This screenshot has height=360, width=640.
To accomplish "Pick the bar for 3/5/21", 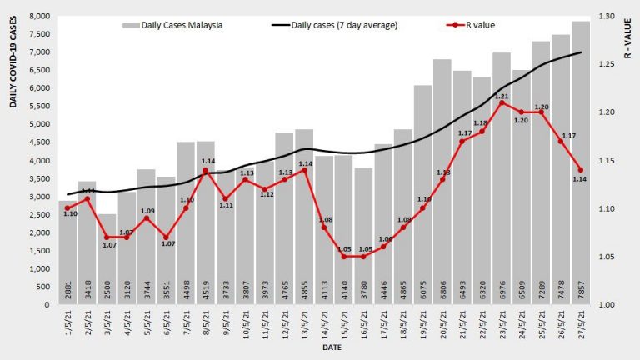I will click(107, 258).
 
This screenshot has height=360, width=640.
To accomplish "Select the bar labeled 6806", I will click(442, 183).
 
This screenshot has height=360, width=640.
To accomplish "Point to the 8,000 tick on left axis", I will click(37, 17).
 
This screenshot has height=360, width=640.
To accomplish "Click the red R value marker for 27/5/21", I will click(581, 170).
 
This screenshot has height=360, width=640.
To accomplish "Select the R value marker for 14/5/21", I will click(324, 227).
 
